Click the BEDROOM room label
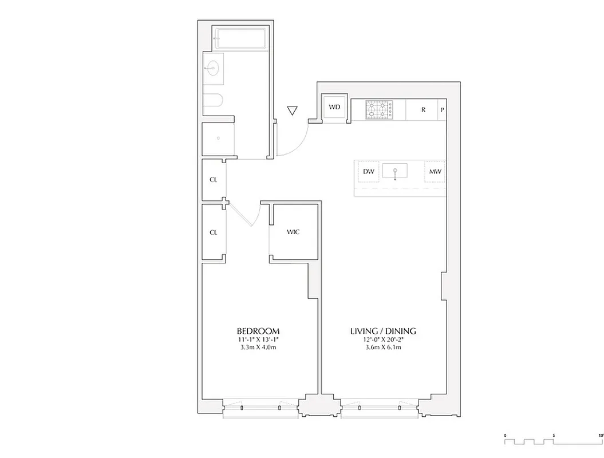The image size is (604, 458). click(258, 331)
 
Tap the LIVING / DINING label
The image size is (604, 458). click(383, 331)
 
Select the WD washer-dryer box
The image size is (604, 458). click(334, 108)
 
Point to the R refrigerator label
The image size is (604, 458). click(423, 109)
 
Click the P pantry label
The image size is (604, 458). click(442, 109)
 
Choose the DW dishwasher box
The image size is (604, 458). click(368, 171)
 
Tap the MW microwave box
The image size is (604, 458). click(434, 171)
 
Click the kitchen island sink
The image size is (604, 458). click(395, 171)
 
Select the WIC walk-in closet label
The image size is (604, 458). click(293, 232)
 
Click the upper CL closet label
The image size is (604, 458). click(214, 180)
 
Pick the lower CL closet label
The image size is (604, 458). click(214, 232)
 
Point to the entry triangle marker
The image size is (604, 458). click(293, 110)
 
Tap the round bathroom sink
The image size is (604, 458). click(213, 69)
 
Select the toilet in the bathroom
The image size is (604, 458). click(212, 102)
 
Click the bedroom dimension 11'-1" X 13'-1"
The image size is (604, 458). click(258, 340)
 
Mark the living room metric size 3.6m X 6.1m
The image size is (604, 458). click(383, 348)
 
